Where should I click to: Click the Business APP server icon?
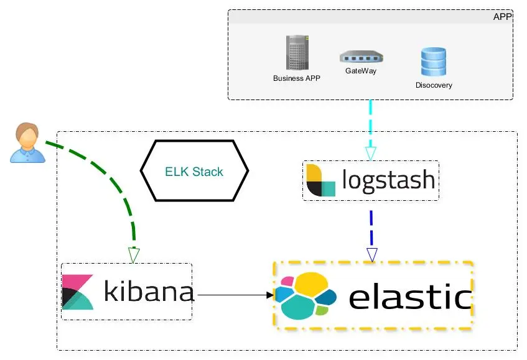(296, 52)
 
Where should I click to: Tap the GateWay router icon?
(361, 58)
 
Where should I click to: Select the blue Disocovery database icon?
(433, 63)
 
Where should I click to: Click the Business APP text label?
(297, 79)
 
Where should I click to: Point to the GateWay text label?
(361, 71)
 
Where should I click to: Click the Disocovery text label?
(434, 85)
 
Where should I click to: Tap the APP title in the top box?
(501, 17)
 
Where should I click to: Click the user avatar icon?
(27, 143)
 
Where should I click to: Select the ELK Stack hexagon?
(194, 172)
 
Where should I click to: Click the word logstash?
(388, 180)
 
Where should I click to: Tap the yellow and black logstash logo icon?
(320, 181)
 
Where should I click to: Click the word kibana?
(149, 291)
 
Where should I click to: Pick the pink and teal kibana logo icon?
(78, 292)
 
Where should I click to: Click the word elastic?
(409, 297)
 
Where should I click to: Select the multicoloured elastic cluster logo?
(305, 295)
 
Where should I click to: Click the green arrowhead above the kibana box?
(134, 255)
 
